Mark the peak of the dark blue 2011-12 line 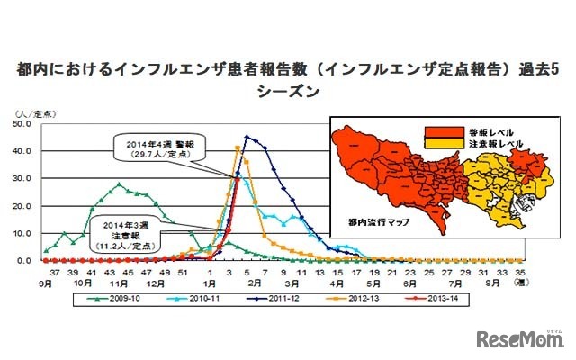pyautogui.click(x=247, y=137)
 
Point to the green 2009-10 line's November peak pyautogui.click(x=119, y=184)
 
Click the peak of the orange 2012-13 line pyautogui.click(x=237, y=148)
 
